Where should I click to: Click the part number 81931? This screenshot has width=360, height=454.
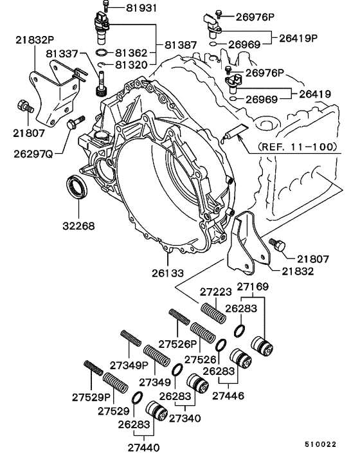click(x=132, y=8)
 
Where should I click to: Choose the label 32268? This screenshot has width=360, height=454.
click(x=78, y=226)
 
